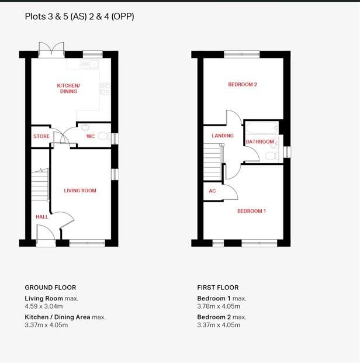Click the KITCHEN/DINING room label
click(x=68, y=88)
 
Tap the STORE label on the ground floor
click(x=41, y=137)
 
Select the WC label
click(x=91, y=137)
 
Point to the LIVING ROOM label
click(x=80, y=191)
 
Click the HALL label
click(x=41, y=217)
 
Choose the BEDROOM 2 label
click(x=243, y=85)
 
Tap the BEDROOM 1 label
click(x=251, y=211)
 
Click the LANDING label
click(x=222, y=136)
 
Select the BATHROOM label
click(x=259, y=142)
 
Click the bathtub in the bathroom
click(x=262, y=128)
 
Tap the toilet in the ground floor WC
click(x=103, y=137)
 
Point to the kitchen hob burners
click(x=105, y=89)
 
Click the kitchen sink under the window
click(x=92, y=63)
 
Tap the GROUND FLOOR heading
click(x=50, y=288)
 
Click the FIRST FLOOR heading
click(x=218, y=288)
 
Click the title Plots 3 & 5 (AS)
click(x=56, y=16)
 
